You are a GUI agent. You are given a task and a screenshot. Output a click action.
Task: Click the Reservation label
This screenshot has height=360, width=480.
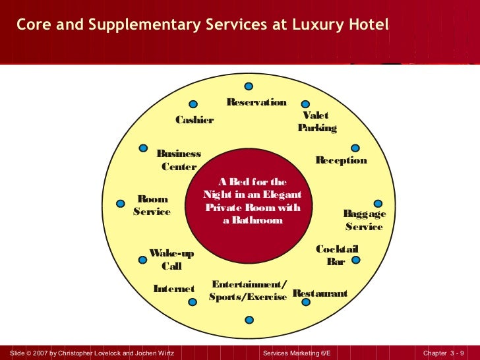256,102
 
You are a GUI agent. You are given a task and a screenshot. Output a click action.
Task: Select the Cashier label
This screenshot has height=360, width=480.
195,120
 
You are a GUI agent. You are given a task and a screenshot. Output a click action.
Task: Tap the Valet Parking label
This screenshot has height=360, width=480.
316,121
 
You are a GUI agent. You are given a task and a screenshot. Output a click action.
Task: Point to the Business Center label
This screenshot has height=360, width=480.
179,160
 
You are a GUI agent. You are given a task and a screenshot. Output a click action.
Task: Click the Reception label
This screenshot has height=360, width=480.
341,160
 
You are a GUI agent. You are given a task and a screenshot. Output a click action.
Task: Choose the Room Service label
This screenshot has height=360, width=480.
152,205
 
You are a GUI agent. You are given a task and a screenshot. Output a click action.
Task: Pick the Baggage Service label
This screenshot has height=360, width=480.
364,220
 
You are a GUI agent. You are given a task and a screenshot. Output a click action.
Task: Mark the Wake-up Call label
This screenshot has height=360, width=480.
171,260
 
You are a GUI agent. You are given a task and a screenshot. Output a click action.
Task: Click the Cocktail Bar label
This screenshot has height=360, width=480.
336,255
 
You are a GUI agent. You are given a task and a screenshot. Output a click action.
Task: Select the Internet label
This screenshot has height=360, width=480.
174,289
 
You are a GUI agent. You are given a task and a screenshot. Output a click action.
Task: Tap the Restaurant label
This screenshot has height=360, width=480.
320,293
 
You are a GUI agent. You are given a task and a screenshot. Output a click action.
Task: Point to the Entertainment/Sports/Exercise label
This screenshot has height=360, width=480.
248,291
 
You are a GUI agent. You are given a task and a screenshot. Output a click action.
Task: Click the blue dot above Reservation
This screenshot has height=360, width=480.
249,86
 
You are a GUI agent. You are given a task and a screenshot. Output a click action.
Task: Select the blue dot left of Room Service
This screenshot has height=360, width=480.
121,204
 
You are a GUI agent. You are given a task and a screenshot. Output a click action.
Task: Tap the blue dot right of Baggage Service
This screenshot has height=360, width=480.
378,204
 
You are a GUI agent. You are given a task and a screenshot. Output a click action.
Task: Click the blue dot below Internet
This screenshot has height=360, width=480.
193,303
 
